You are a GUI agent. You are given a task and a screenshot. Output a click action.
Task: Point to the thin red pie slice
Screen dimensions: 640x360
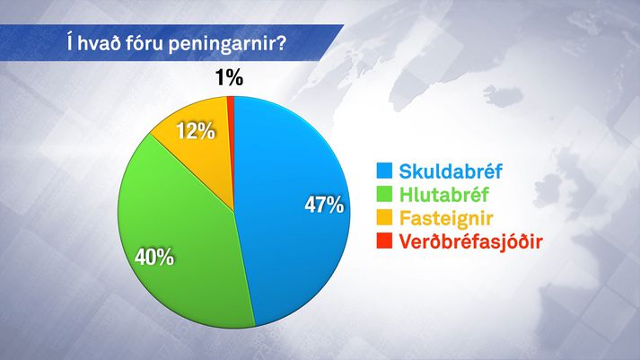point(231,122)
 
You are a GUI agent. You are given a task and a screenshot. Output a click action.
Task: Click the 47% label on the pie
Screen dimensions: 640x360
point(324,205)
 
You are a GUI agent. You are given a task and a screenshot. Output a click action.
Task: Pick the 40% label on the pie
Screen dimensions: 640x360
point(154,257)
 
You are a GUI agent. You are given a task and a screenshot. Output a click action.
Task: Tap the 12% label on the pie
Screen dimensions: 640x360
point(196,131)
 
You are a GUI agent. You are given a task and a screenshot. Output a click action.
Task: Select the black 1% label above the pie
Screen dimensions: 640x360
point(229,77)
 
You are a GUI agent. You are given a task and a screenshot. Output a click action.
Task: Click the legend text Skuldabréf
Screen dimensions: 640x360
point(451,171)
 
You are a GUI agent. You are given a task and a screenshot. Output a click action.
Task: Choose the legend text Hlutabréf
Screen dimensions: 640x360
point(443,194)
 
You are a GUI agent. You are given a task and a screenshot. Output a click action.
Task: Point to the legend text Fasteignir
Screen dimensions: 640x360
point(446,218)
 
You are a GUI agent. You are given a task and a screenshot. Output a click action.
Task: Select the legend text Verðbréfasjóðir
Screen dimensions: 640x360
point(470,241)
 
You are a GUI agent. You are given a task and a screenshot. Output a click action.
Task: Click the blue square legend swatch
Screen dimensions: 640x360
point(384,171)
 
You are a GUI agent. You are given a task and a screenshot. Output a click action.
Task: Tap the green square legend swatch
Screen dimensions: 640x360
point(384,194)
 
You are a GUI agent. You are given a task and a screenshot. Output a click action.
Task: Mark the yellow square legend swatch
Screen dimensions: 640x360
point(384,217)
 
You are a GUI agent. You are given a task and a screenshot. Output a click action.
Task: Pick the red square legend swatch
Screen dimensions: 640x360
point(384,241)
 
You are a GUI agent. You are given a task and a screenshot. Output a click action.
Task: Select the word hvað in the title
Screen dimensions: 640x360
point(99,43)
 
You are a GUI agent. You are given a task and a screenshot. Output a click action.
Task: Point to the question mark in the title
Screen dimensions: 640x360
point(279,43)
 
